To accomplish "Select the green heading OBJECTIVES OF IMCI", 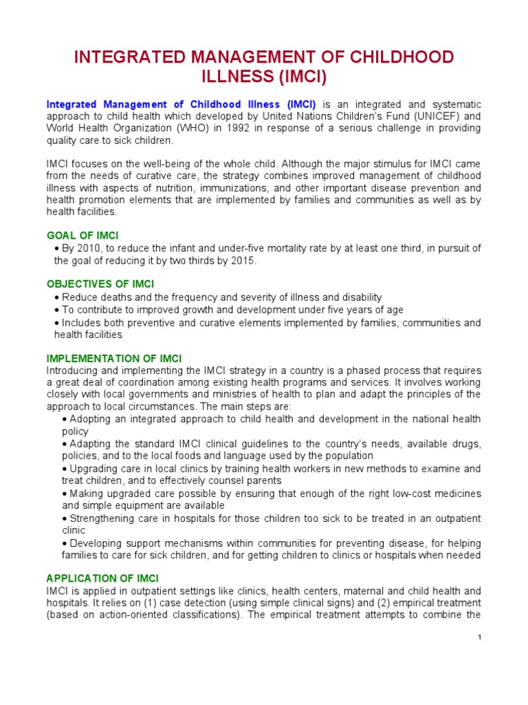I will coord(100,284).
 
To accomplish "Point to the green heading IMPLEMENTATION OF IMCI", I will coord(114,358).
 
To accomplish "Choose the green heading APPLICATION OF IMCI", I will coord(102,578).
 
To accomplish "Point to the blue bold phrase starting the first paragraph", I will coord(181,103).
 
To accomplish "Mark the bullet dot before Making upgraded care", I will coord(65,494).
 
